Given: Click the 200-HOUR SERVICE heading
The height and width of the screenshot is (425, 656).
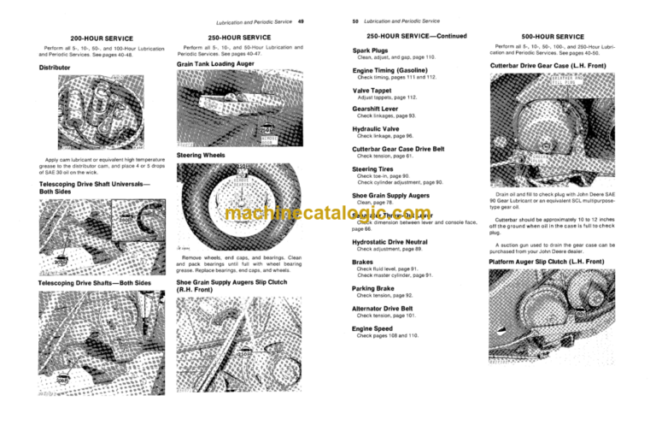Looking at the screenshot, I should [91, 38].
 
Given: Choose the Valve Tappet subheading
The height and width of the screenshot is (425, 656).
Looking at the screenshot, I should [373, 88].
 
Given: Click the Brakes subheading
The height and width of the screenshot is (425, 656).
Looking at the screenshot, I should [363, 262].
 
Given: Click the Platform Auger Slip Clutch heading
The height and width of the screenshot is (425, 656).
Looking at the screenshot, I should [558, 261].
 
